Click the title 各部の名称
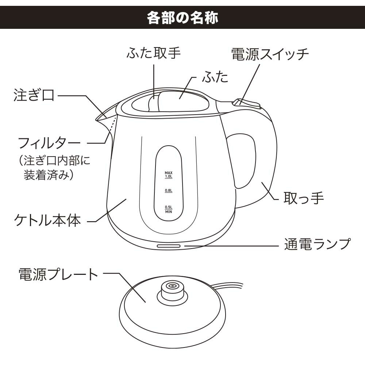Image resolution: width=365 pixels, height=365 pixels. coord(182,17)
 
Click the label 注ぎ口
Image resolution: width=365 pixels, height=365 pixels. coord(34,96)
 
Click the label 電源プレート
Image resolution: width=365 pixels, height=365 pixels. coord(58,274)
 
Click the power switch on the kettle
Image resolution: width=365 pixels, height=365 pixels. coord(247,103)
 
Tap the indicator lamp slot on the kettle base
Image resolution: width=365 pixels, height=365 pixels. coord(169,246)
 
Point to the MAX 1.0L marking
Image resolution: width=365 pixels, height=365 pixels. coord(168,174)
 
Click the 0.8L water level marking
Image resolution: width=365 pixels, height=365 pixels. coord(168,191)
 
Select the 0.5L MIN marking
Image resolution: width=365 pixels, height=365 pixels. coord(168,209)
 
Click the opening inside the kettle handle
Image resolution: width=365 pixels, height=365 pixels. coord(243,161)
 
